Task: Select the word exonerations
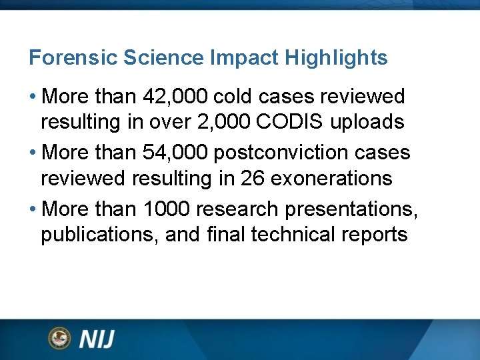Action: tap(338, 179)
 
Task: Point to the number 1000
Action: tap(167, 209)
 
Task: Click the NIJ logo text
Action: tap(97, 339)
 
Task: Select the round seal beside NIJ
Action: tap(59, 339)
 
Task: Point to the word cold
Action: tap(235, 97)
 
